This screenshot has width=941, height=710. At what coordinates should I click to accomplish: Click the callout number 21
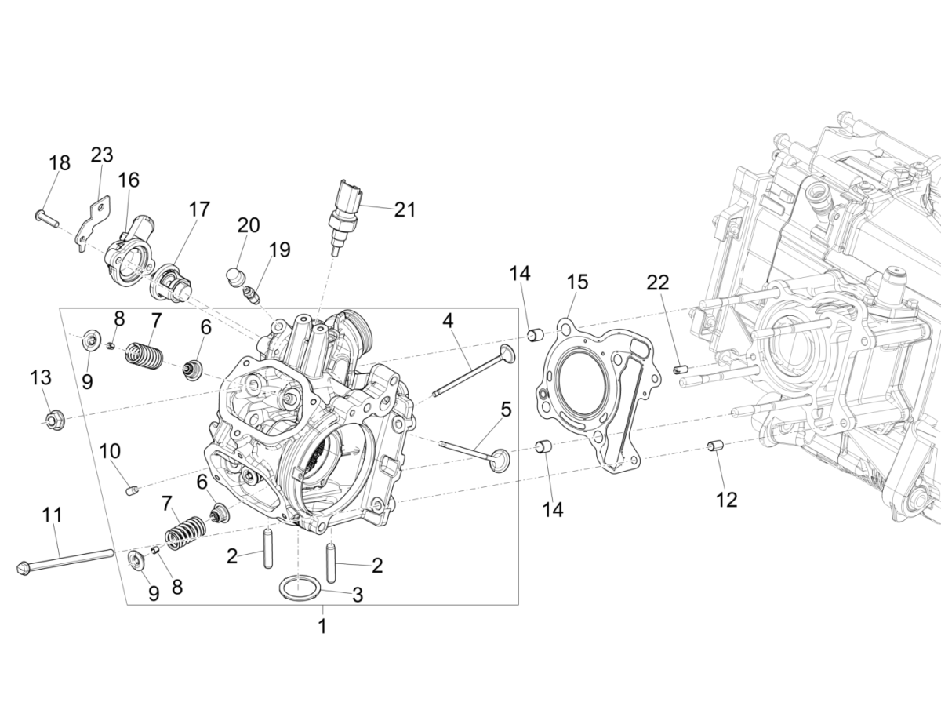405,209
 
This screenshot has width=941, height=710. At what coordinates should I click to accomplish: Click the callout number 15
577,282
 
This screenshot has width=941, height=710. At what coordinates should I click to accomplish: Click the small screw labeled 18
47,217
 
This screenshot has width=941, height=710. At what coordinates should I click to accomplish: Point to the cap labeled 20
235,277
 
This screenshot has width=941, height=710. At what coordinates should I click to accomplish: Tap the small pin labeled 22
679,367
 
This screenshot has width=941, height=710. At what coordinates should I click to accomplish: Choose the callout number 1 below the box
322,626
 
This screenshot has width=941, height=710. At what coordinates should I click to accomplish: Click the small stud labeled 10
133,491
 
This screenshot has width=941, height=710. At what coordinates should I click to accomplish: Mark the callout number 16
129,180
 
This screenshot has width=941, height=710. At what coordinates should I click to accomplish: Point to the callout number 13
41,377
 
